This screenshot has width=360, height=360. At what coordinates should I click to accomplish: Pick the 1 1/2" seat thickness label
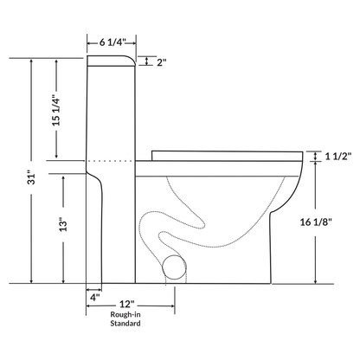337,157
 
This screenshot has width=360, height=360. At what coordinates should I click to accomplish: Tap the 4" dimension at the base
94,297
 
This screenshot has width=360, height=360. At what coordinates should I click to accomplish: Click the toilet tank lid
110,61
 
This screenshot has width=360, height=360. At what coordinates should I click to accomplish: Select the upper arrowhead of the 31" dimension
31,61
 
